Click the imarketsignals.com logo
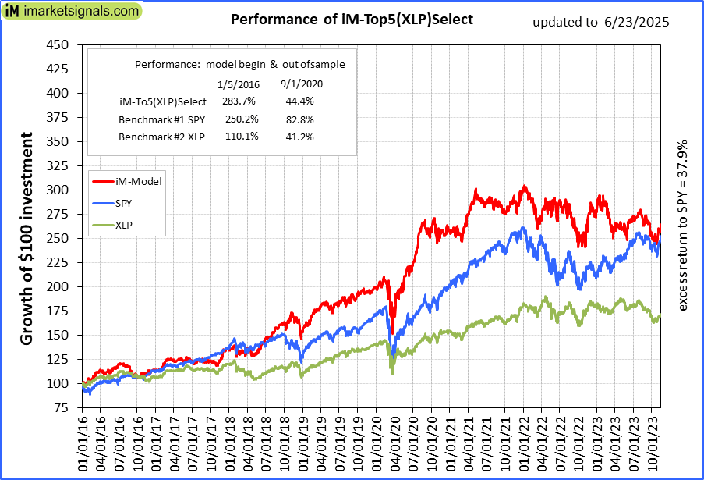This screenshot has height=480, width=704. [72, 12]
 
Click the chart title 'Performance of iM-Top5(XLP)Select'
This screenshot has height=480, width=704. [352, 20]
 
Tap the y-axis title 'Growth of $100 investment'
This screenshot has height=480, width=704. [27, 239]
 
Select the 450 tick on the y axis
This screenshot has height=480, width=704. [58, 44]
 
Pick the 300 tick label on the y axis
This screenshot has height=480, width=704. [58, 190]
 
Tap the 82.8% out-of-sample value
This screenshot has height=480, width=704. [300, 119]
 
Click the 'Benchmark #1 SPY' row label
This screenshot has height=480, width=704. [154, 119]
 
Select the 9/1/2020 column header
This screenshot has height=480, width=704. [300, 83]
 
